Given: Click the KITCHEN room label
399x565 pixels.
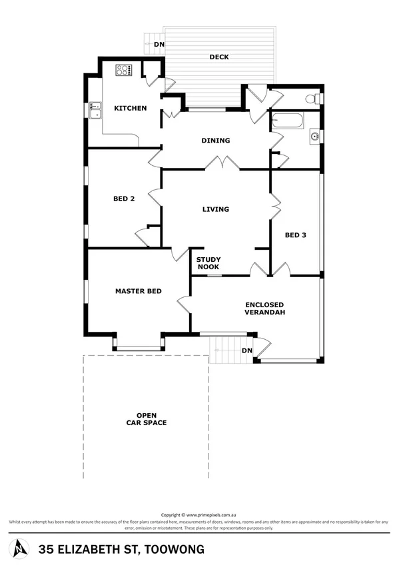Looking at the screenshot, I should click(130, 108).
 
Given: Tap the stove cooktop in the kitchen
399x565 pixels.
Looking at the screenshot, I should click(124, 69).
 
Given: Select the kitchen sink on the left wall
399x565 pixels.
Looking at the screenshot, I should click(95, 109).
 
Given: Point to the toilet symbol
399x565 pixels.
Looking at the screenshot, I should click(310, 99).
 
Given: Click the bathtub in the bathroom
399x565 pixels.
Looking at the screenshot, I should click(287, 122).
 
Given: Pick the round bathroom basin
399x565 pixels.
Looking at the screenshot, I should click(314, 138).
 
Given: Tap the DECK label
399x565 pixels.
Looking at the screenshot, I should click(219, 57).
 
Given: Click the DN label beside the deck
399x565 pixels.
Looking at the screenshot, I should click(159, 45).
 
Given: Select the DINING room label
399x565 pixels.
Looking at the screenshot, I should click(216, 141).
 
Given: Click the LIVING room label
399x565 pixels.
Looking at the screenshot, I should click(215, 209).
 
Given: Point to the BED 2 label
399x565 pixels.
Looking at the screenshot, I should click(124, 199).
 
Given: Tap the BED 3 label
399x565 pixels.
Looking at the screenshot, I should click(296, 235).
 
